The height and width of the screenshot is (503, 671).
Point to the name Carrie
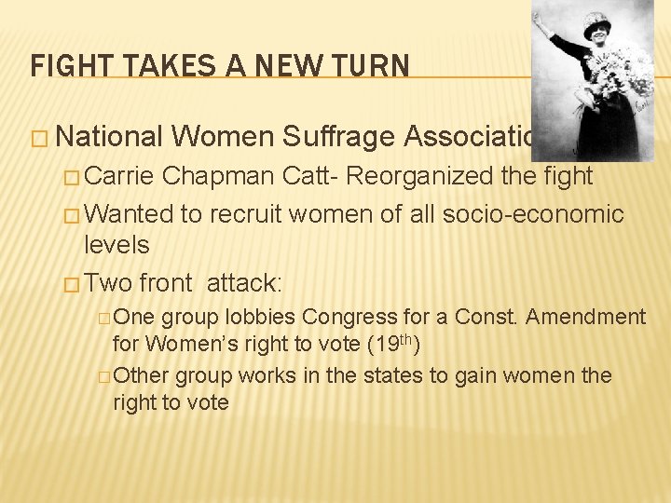tap(121, 177)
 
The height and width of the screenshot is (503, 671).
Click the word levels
tap(116, 245)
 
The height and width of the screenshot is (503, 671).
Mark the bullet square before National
tap(39, 138)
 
